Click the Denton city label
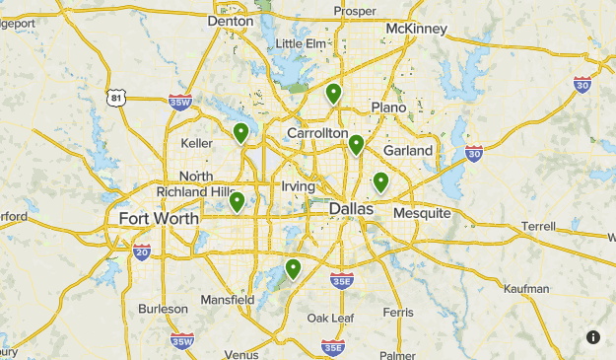point(232,20)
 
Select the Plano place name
point(388,107)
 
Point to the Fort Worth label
point(158,218)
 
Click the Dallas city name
point(351,209)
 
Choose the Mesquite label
point(421,213)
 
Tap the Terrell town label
point(539,226)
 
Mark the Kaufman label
point(524,289)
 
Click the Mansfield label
point(227,299)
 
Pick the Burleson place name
point(163,309)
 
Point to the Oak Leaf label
point(329,318)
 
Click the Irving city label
point(298,186)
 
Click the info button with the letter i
point(593,337)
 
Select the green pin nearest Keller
point(240,132)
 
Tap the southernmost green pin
point(293,267)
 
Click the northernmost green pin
point(333,93)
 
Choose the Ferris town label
point(398,312)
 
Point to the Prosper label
point(355,11)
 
